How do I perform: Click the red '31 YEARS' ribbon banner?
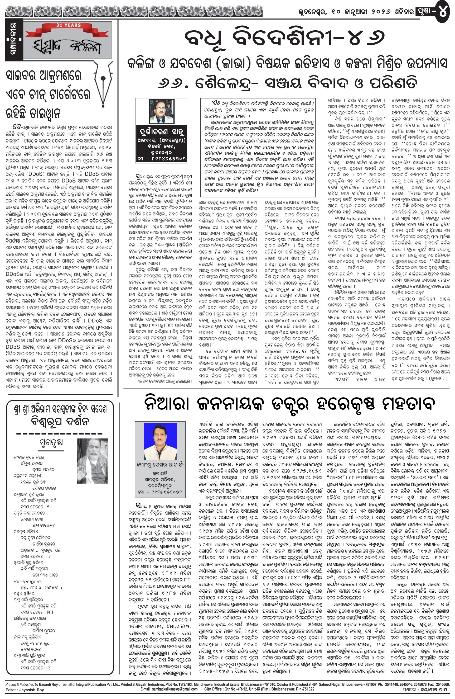coord(68,26)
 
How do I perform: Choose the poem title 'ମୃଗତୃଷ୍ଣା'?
coord(52,442)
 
